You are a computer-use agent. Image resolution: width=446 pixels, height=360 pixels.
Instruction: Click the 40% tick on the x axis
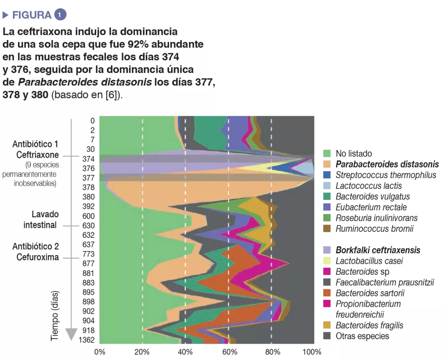click(185, 352)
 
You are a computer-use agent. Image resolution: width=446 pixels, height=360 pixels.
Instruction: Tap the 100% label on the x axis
click(313, 352)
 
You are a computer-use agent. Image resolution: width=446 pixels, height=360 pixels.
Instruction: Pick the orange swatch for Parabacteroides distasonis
click(327, 165)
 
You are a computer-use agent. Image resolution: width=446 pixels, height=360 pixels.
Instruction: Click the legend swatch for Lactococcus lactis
click(327, 186)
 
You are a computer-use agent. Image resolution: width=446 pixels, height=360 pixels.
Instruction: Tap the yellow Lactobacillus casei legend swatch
click(327, 260)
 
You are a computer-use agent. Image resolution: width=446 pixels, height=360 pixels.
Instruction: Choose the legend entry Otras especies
click(362, 336)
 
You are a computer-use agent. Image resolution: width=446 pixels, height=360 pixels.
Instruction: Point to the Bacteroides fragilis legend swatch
click(327, 325)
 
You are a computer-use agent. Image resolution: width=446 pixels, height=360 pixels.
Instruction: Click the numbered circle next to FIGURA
click(60, 15)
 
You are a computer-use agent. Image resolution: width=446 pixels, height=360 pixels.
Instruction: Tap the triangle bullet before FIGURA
click(5, 15)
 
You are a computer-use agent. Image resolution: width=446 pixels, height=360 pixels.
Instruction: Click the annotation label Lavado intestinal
click(41, 220)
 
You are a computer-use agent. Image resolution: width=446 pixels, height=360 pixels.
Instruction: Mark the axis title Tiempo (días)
click(54, 316)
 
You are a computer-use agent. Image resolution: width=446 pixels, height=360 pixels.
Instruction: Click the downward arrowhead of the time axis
click(71, 334)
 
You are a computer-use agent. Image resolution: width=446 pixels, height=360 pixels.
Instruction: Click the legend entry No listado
click(354, 154)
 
